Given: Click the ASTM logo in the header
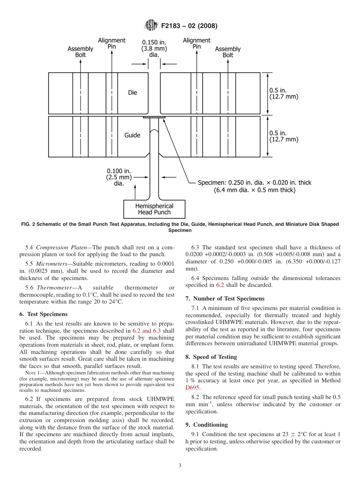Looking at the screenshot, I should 151,26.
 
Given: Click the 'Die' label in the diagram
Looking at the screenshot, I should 133,93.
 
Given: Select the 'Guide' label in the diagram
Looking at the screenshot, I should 132,135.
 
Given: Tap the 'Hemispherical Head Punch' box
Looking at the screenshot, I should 154,209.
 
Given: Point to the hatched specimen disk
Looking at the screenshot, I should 154,117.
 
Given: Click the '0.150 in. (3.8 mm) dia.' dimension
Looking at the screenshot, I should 154,49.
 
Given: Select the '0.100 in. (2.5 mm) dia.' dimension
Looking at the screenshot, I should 119,177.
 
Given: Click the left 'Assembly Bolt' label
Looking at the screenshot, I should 80,52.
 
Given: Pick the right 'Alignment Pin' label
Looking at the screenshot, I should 196,43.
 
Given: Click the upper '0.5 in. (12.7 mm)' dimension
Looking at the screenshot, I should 283,93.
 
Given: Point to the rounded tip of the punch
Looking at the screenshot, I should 154,131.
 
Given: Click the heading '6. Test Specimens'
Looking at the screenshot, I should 43,314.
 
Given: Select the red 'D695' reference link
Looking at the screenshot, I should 193,388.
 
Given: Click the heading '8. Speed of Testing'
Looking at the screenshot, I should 211,357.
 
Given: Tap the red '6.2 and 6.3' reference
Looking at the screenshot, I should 147,331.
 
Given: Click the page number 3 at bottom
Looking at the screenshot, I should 180,466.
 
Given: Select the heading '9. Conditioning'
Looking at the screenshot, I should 207,424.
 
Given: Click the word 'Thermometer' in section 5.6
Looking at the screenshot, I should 54,288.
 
